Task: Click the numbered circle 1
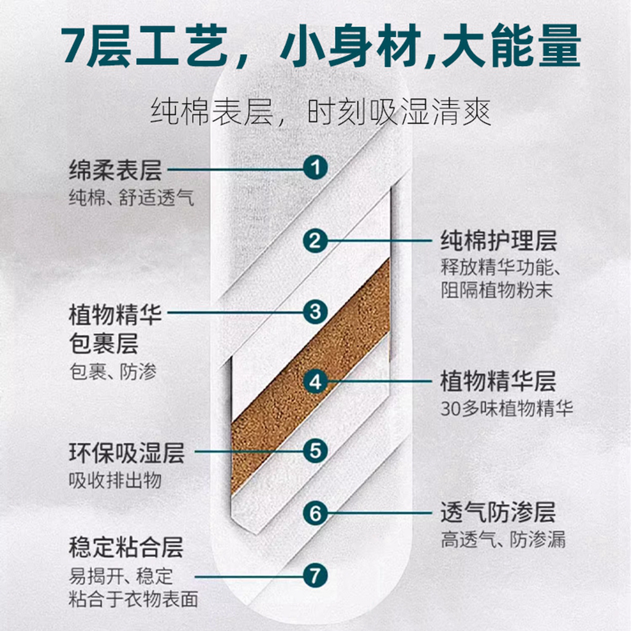(315, 168)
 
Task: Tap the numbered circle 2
(315, 241)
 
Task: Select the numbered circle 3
(315, 312)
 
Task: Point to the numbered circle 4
(315, 381)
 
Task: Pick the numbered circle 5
(315, 451)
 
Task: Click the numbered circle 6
(315, 513)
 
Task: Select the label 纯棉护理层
(499, 241)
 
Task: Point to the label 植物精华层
(498, 381)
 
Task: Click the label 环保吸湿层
(127, 453)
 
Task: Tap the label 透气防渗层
(498, 513)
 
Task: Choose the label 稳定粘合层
(126, 547)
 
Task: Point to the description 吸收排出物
(115, 481)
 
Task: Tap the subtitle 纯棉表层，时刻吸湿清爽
(321, 112)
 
